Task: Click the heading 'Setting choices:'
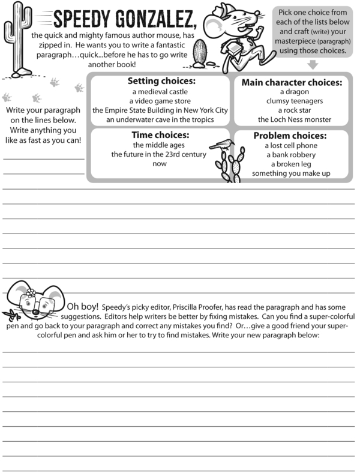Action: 160,81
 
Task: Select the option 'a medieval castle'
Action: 160,92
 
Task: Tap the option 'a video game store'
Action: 160,101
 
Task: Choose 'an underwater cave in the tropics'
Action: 160,119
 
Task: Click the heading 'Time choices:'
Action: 160,135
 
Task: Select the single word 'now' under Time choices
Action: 160,163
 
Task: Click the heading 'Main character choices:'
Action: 292,82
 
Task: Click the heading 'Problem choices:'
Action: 290,136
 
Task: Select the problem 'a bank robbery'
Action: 291,155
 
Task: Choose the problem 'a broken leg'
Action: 291,164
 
